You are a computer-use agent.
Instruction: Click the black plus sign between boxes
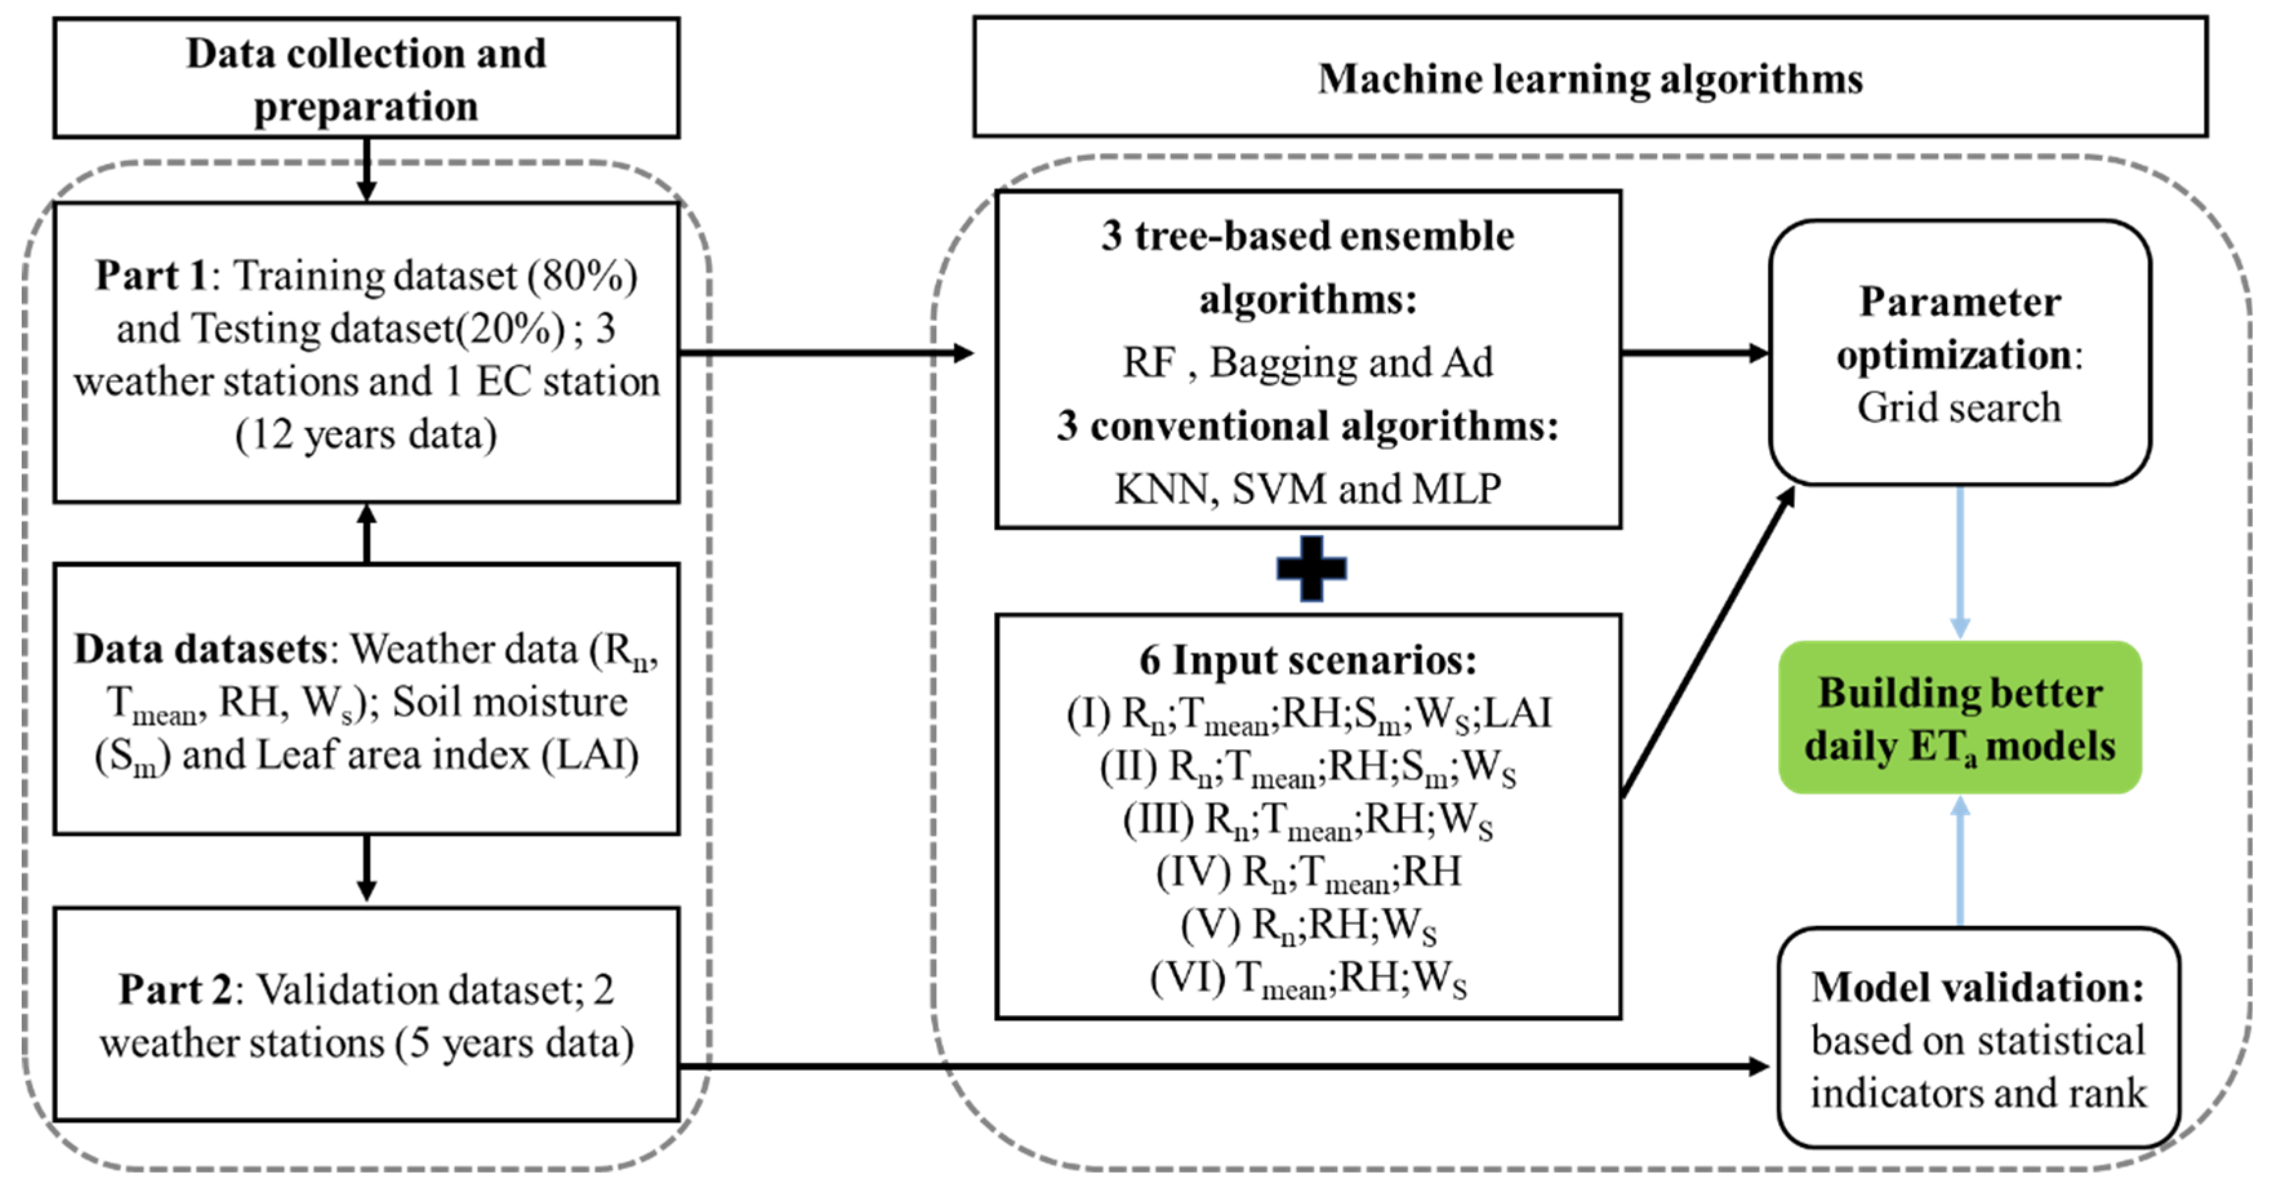(1311, 568)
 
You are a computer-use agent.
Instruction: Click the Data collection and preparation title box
(366, 79)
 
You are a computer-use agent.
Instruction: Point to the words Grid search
(1958, 408)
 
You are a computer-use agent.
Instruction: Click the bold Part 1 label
(150, 276)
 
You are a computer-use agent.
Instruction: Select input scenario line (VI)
(1308, 979)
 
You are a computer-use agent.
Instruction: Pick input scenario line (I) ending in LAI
(1308, 714)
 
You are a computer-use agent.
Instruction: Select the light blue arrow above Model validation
(1960, 860)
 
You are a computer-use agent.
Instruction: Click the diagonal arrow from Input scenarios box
(1709, 642)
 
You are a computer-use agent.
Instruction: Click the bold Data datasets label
(201, 650)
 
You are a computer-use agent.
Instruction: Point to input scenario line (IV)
(1308, 873)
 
